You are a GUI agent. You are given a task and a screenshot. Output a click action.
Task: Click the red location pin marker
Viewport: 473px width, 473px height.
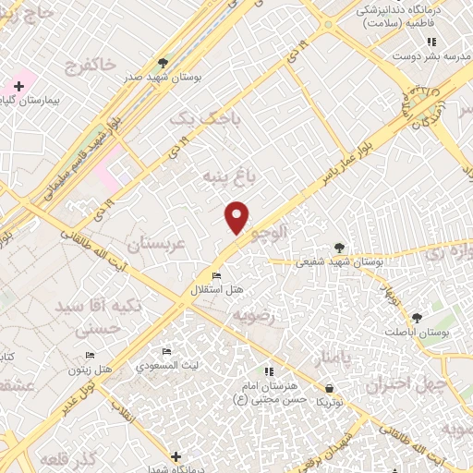[x=237, y=216]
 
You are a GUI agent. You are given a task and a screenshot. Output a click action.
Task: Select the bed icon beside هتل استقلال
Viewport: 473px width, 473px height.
[x=216, y=276]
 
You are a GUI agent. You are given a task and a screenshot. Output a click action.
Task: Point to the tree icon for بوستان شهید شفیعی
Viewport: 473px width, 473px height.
[x=339, y=247]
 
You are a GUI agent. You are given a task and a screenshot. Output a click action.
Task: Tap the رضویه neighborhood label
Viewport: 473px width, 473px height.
[x=254, y=316]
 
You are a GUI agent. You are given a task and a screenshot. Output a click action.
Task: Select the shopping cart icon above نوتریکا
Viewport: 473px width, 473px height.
[x=330, y=389]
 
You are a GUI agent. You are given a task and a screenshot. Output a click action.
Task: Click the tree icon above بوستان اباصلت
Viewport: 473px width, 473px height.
[x=417, y=316]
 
